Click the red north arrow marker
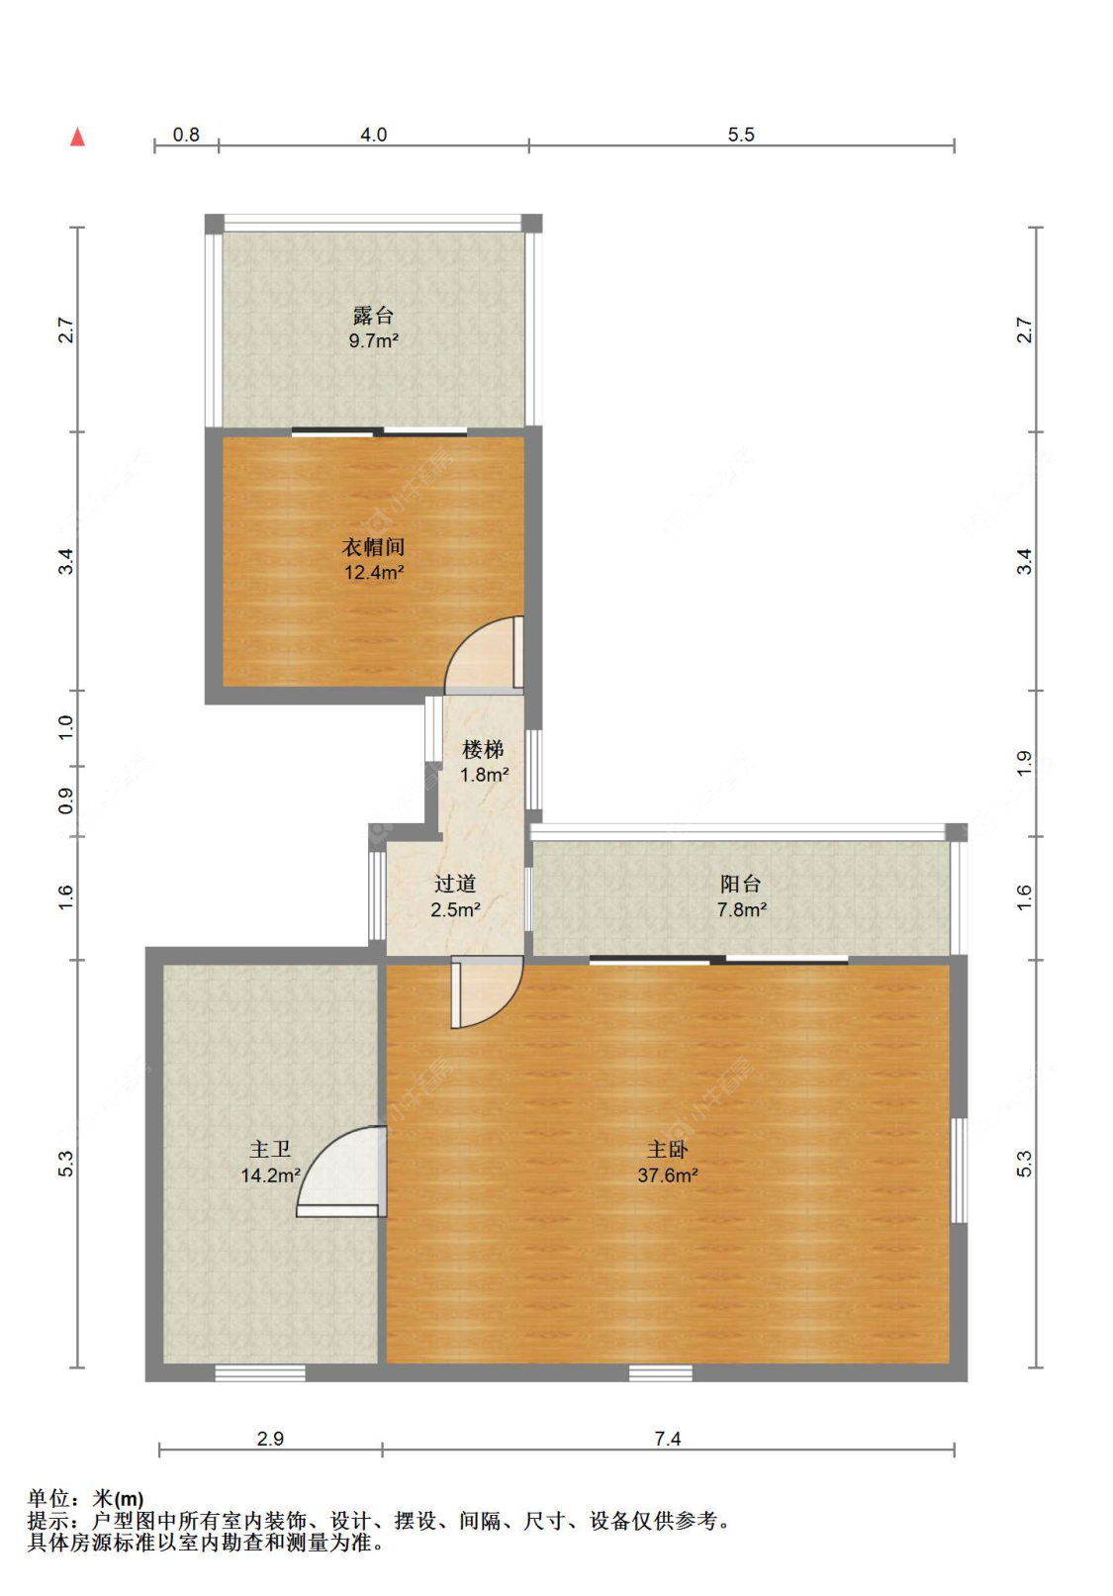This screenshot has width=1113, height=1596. (78, 137)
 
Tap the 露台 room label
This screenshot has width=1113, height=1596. (373, 315)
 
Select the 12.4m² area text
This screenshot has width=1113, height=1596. (374, 572)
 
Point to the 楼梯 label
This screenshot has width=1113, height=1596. (483, 749)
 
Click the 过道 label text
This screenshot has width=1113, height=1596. (455, 884)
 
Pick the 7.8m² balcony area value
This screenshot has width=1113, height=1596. (742, 909)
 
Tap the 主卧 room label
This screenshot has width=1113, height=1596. (667, 1150)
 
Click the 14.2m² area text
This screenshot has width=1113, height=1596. (270, 1174)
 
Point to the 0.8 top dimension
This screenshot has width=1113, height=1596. (186, 135)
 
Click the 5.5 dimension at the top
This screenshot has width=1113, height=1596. (741, 135)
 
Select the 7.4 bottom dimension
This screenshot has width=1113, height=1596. (668, 1439)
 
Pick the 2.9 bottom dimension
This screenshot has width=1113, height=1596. (270, 1439)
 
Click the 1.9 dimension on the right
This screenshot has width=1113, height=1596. (1024, 763)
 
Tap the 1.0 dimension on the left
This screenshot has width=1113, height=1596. (66, 726)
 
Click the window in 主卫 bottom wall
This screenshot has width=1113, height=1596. (260, 1372)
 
